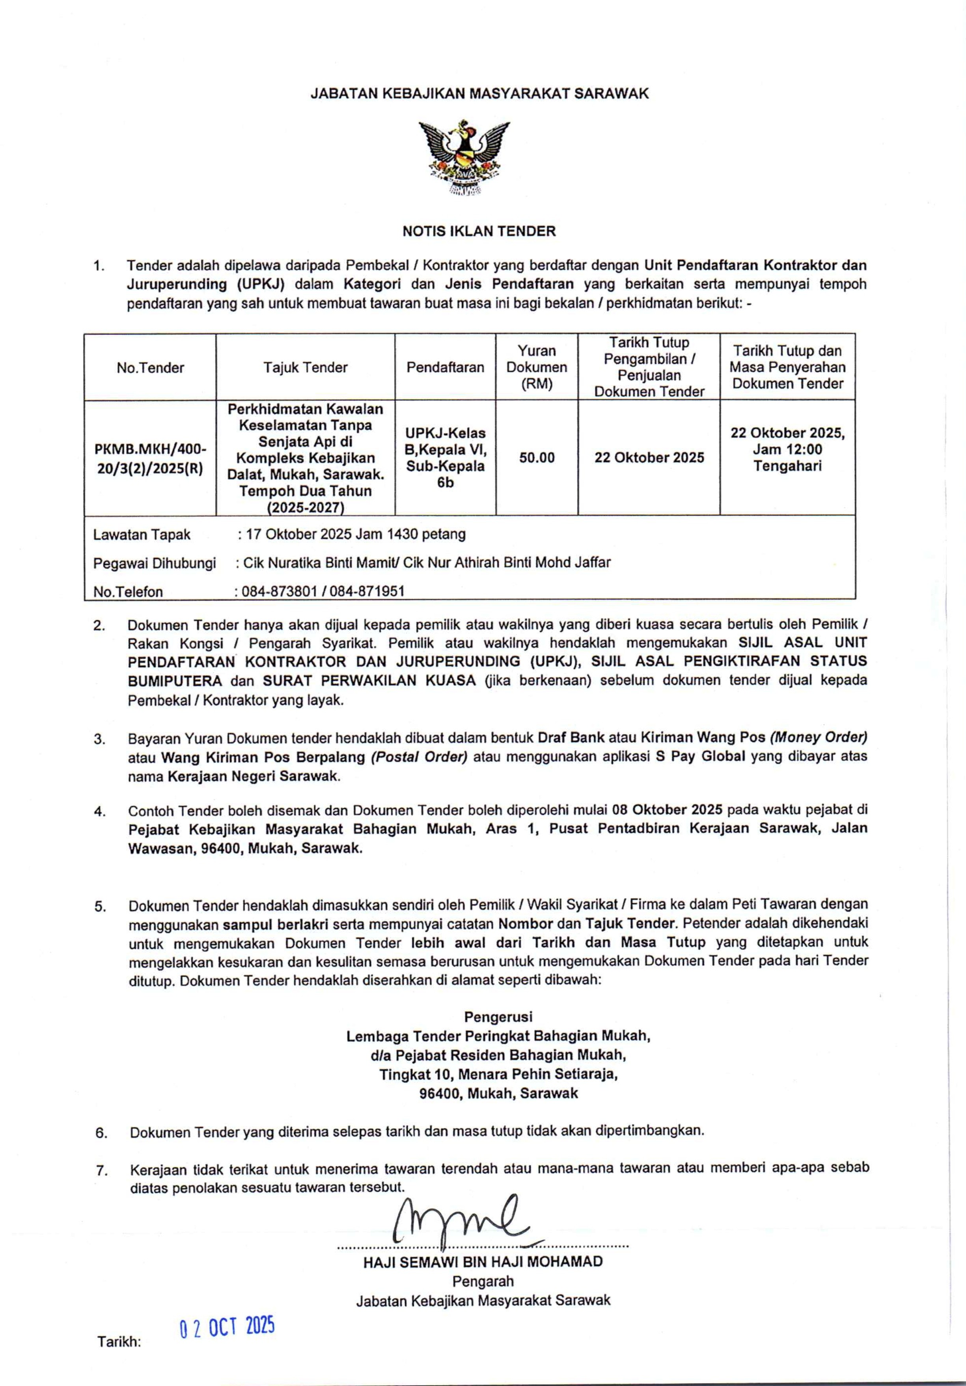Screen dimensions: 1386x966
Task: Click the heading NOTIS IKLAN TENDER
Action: [x=479, y=231]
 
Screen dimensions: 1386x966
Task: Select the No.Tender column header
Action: [x=150, y=368]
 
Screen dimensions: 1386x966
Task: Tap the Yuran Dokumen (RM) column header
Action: [x=536, y=367]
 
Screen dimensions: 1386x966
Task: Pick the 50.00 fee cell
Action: [x=536, y=458]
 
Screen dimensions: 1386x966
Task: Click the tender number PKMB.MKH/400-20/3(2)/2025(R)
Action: [x=150, y=458]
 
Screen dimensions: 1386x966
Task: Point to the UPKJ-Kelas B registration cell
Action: [x=445, y=458]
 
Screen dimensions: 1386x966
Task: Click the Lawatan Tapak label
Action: [x=142, y=535]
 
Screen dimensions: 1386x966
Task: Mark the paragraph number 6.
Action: [x=101, y=1133]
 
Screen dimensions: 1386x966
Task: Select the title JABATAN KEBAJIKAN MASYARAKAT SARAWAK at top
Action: [x=479, y=93]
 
